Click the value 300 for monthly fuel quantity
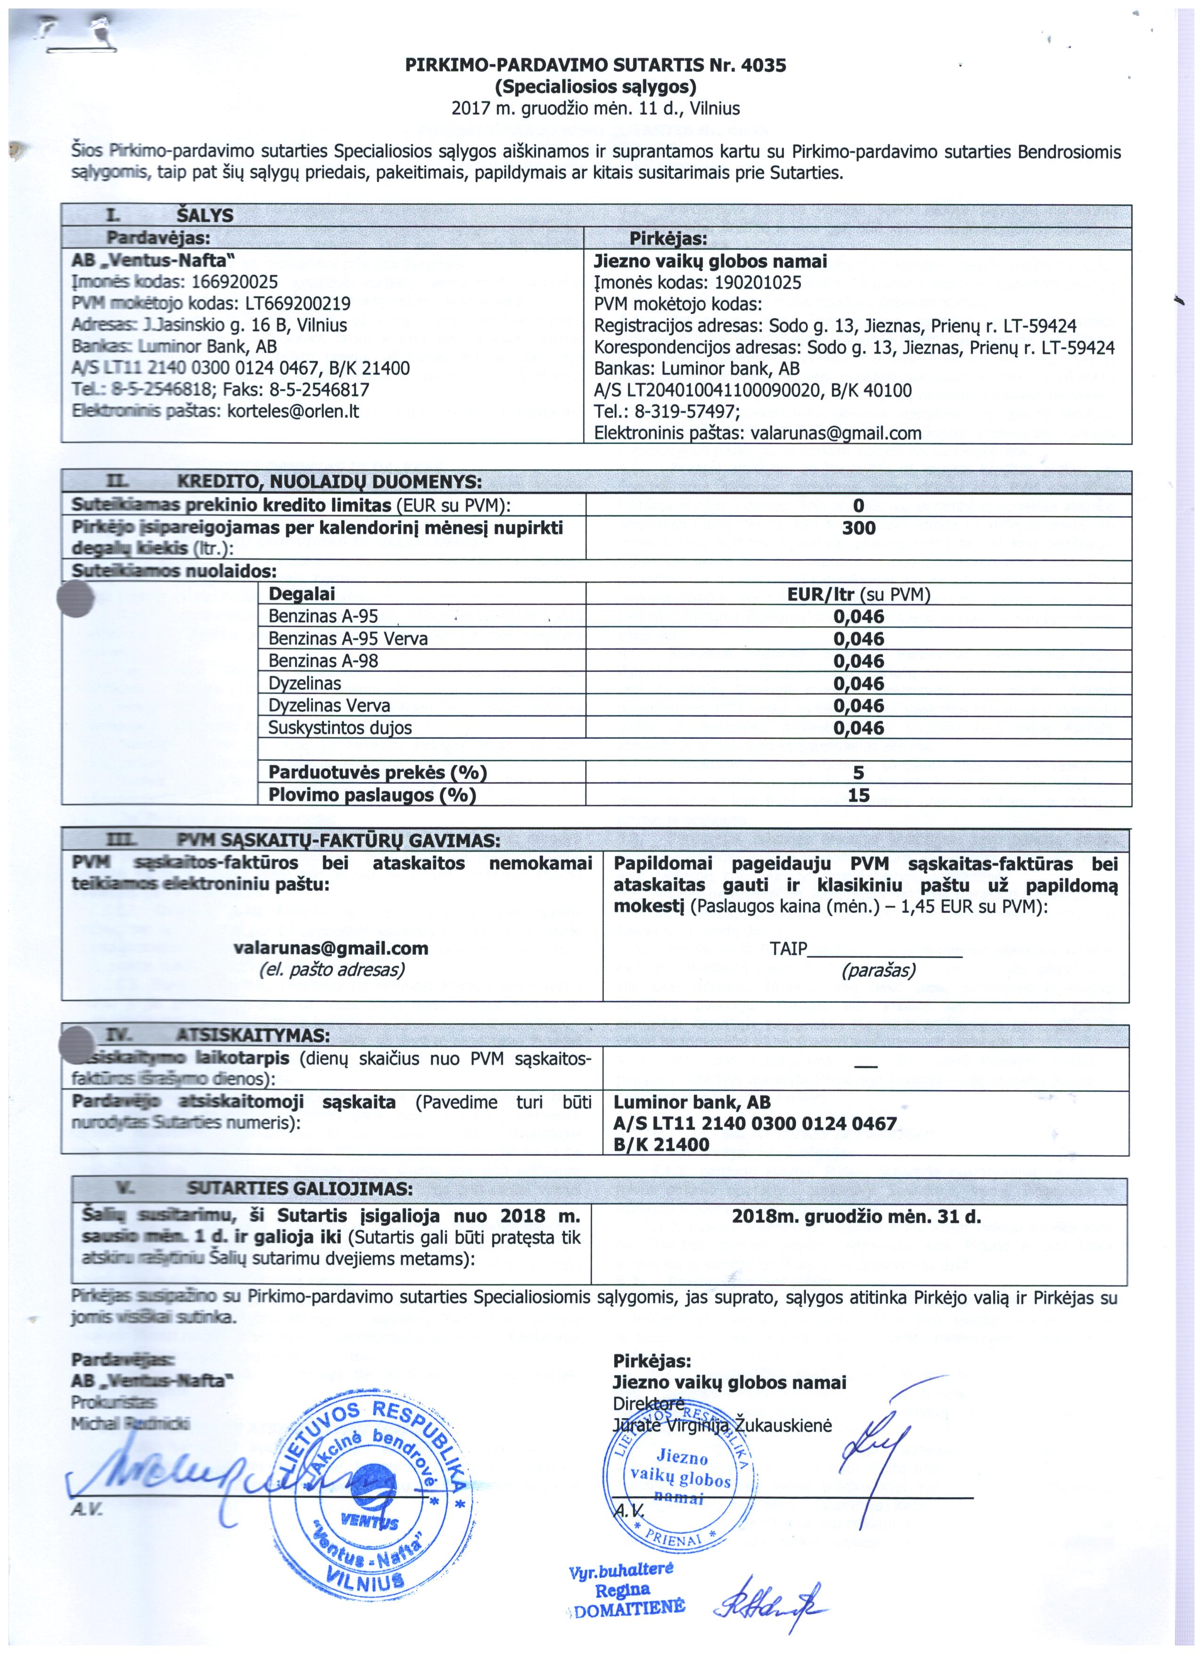tap(858, 528)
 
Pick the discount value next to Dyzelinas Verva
tap(858, 706)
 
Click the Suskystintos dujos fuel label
tap(340, 728)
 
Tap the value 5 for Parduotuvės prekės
tap(858, 772)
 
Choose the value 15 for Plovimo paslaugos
tap(858, 795)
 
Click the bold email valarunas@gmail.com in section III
tap(331, 948)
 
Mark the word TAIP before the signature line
tap(788, 949)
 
